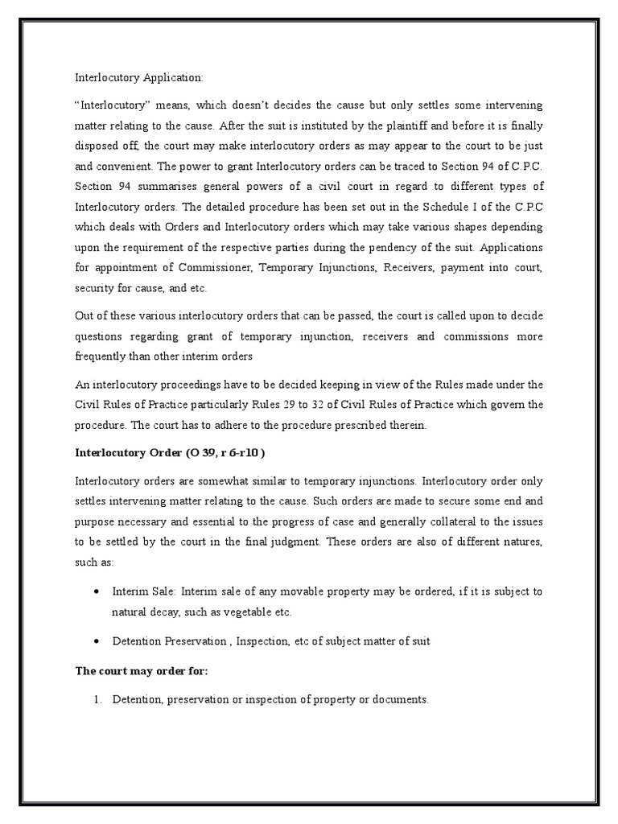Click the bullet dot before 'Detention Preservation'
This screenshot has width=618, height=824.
tap(97, 641)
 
